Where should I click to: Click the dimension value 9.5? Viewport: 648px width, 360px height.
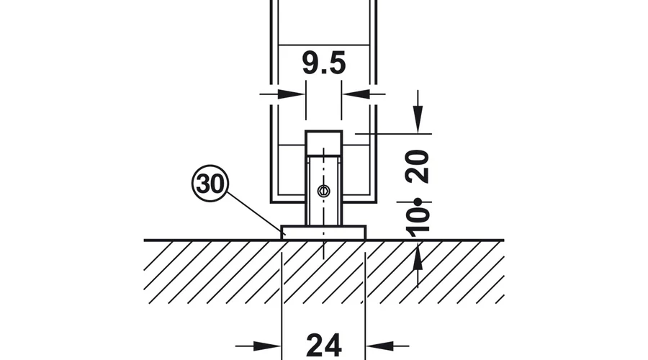(323, 63)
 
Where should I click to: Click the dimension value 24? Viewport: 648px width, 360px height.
(324, 346)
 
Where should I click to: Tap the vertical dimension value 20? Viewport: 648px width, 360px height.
(418, 166)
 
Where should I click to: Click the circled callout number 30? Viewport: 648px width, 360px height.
(210, 183)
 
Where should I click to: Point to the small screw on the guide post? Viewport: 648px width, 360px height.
(323, 191)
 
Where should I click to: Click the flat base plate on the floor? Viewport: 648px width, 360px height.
(323, 233)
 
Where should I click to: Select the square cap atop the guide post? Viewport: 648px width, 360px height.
(323, 143)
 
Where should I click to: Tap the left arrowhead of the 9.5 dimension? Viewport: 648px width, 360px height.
(292, 94)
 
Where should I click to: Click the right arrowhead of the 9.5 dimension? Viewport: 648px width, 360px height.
(356, 94)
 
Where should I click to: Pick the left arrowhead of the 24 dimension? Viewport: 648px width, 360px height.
(267, 346)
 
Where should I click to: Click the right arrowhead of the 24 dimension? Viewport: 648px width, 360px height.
(379, 346)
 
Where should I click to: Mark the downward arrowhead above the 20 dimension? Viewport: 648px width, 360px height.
(418, 120)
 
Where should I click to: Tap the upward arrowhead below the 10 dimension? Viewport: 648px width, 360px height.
(418, 255)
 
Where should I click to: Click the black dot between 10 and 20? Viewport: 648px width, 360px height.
(418, 202)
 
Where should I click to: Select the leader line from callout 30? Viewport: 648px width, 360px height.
(255, 212)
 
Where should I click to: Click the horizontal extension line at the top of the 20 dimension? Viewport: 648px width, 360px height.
(393, 134)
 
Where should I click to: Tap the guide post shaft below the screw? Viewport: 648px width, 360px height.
(323, 212)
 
